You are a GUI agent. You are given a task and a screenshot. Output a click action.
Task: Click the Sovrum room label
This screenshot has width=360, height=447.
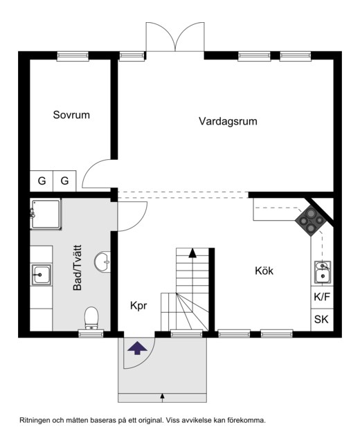pyautogui.click(x=71, y=115)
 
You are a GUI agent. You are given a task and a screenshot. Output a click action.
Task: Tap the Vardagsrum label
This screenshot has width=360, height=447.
pyautogui.click(x=228, y=121)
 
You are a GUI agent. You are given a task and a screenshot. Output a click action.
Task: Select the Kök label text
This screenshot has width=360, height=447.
pyautogui.click(x=264, y=271)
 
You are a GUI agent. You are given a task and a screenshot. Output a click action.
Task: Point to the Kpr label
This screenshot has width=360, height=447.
pyautogui.click(x=138, y=306)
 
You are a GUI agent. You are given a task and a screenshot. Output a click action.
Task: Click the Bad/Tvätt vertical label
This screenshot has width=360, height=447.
pyautogui.click(x=78, y=267)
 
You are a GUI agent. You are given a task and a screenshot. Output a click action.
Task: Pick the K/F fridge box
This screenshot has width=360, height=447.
pyautogui.click(x=322, y=297)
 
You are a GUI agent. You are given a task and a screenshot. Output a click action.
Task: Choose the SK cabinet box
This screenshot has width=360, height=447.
pyautogui.click(x=322, y=320)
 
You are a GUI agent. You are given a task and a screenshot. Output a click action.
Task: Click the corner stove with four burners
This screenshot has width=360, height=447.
pyautogui.click(x=309, y=219)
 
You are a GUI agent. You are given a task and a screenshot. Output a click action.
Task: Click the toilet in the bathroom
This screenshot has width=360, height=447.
pyautogui.click(x=91, y=318)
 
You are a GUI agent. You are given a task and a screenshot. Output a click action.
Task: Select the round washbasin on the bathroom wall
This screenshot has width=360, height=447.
pyautogui.click(x=102, y=262)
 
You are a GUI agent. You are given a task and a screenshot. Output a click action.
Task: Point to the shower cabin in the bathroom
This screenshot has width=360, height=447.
pyautogui.click(x=46, y=214)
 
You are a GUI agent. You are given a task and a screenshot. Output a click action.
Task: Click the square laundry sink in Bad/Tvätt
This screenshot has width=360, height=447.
pyautogui.click(x=41, y=275)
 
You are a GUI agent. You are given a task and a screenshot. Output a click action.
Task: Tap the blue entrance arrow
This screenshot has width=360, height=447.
pyautogui.click(x=138, y=348)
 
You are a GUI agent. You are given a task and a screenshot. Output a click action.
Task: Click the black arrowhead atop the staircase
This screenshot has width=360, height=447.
pyautogui.click(x=192, y=253)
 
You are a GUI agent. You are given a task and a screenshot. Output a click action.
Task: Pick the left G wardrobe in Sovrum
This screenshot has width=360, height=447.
pyautogui.click(x=42, y=181)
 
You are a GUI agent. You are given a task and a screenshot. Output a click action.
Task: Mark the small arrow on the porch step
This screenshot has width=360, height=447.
pyautogui.click(x=162, y=398)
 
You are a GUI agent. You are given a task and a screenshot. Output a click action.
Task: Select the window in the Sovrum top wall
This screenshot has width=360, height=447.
pyautogui.click(x=73, y=56)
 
